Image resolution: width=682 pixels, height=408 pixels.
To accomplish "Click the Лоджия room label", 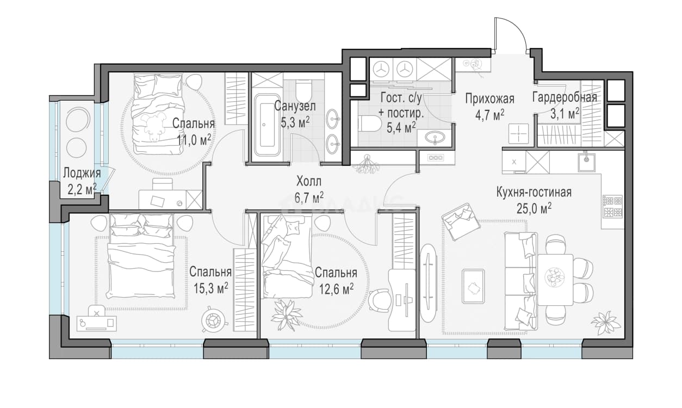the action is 82,173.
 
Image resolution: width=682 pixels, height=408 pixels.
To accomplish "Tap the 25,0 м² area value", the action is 534,208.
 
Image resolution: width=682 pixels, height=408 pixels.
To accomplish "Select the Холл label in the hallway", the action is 309,182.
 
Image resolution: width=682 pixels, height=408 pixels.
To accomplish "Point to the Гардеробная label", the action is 565,97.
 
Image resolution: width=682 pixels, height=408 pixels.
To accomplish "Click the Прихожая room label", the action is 490,99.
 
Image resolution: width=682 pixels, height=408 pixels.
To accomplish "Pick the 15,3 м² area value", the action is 210,288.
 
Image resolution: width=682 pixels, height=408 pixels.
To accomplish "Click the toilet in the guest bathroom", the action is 370,123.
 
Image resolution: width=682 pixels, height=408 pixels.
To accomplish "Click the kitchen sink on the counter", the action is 587,162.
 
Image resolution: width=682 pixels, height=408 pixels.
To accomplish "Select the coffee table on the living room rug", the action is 473,286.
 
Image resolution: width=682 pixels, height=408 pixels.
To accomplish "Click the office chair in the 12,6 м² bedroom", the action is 379,300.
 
